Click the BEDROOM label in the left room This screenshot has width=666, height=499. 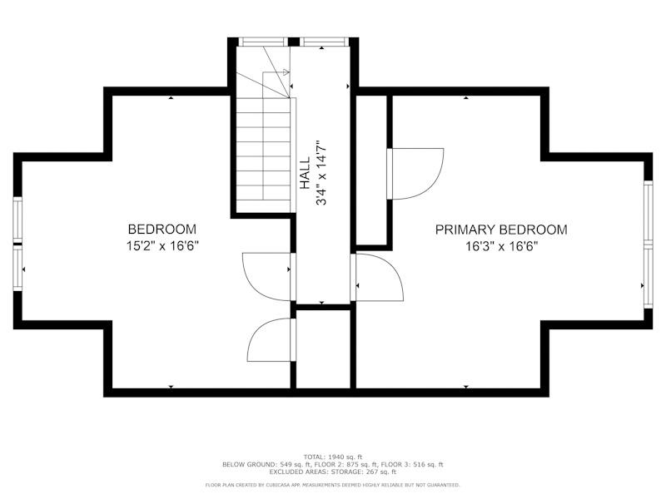pos(162,230)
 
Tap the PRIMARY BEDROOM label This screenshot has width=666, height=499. pos(501,230)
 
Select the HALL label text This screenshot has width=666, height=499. pos(305,173)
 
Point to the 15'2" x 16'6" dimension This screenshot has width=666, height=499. pos(162,245)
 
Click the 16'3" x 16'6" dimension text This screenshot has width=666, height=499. pos(502,246)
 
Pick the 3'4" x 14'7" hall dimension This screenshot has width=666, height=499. pos(321,173)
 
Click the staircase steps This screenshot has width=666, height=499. pos(263,149)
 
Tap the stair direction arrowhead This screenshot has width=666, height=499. pos(286,72)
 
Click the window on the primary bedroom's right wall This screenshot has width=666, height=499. pos(648,244)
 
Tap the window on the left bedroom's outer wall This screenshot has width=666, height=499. pos(17,244)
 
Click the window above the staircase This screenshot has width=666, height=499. pos(263,42)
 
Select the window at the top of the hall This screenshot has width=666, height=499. pos(324,42)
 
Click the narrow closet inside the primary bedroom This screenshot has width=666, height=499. pos(370,170)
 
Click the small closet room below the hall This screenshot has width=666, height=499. pos(323,348)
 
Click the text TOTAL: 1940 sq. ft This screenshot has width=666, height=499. pos(332,457)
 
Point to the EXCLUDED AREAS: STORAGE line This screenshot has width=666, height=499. pos(332,472)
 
